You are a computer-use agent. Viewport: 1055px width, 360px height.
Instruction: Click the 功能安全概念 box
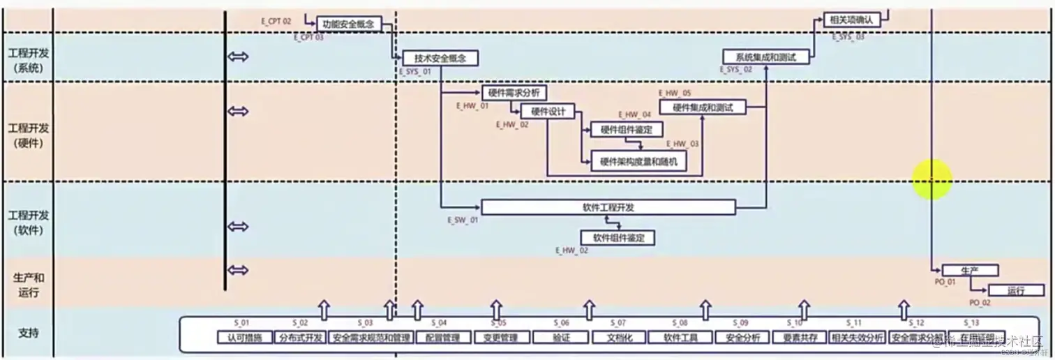click(x=349, y=24)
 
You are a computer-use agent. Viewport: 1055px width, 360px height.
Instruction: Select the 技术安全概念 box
click(x=440, y=58)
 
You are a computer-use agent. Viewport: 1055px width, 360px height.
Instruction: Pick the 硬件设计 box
click(x=548, y=111)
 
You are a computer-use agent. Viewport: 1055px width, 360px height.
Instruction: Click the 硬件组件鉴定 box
click(x=627, y=129)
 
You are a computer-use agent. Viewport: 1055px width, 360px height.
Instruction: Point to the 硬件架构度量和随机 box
click(x=638, y=162)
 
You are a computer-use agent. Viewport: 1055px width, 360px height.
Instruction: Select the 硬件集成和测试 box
click(x=703, y=107)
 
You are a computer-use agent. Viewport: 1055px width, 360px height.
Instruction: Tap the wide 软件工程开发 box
click(x=608, y=207)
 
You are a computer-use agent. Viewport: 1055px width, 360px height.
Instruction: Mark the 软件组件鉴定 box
click(x=618, y=238)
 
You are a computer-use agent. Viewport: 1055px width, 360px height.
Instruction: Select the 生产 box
click(x=970, y=270)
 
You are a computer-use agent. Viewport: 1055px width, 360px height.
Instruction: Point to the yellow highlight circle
click(x=932, y=179)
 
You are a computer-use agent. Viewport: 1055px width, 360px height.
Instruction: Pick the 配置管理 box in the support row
click(x=442, y=338)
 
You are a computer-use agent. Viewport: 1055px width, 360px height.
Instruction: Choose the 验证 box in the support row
click(x=561, y=338)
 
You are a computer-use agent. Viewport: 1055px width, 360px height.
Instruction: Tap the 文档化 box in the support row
click(x=618, y=338)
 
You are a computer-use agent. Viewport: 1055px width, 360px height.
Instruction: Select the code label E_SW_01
click(x=463, y=220)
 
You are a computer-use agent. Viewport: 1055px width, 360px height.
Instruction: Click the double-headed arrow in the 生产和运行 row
click(x=238, y=271)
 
